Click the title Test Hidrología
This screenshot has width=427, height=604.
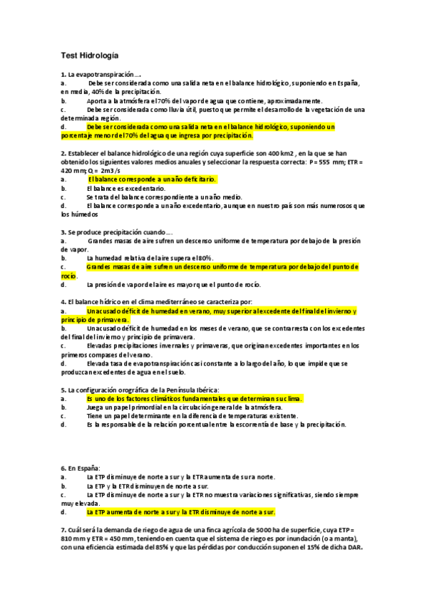(x=90, y=55)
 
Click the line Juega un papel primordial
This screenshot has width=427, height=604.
(x=178, y=407)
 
